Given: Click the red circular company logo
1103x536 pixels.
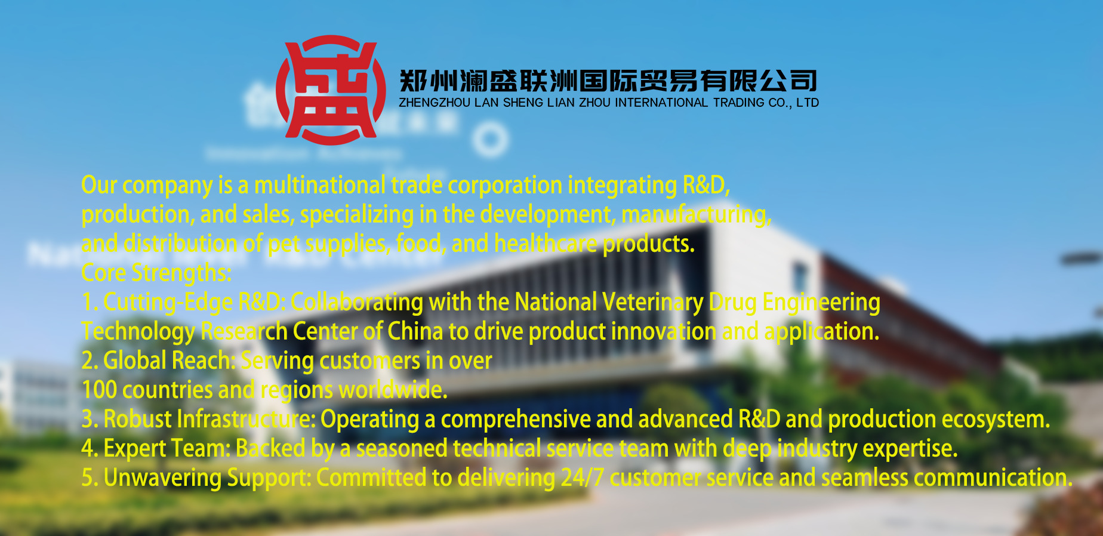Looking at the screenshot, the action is pos(331,90).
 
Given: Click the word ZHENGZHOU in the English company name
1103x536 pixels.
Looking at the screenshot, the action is pos(435,103).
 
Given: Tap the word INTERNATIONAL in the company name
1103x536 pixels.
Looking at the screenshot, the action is pos(661,103).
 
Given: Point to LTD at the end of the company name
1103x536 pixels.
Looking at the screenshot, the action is pos(808,103).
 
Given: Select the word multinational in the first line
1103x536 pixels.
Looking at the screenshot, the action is pos(320,185).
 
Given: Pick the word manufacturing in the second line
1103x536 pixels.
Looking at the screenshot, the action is pos(697,215).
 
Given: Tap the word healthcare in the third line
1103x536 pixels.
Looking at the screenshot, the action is pos(546,244).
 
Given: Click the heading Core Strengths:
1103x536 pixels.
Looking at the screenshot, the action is pos(156,273).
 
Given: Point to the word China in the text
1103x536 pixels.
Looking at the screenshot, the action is pos(415,331).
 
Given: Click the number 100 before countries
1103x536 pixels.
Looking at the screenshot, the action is pos(99,390).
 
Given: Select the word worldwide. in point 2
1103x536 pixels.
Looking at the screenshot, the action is pos(393,390).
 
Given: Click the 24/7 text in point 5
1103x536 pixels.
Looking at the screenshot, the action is pos(582,478).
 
